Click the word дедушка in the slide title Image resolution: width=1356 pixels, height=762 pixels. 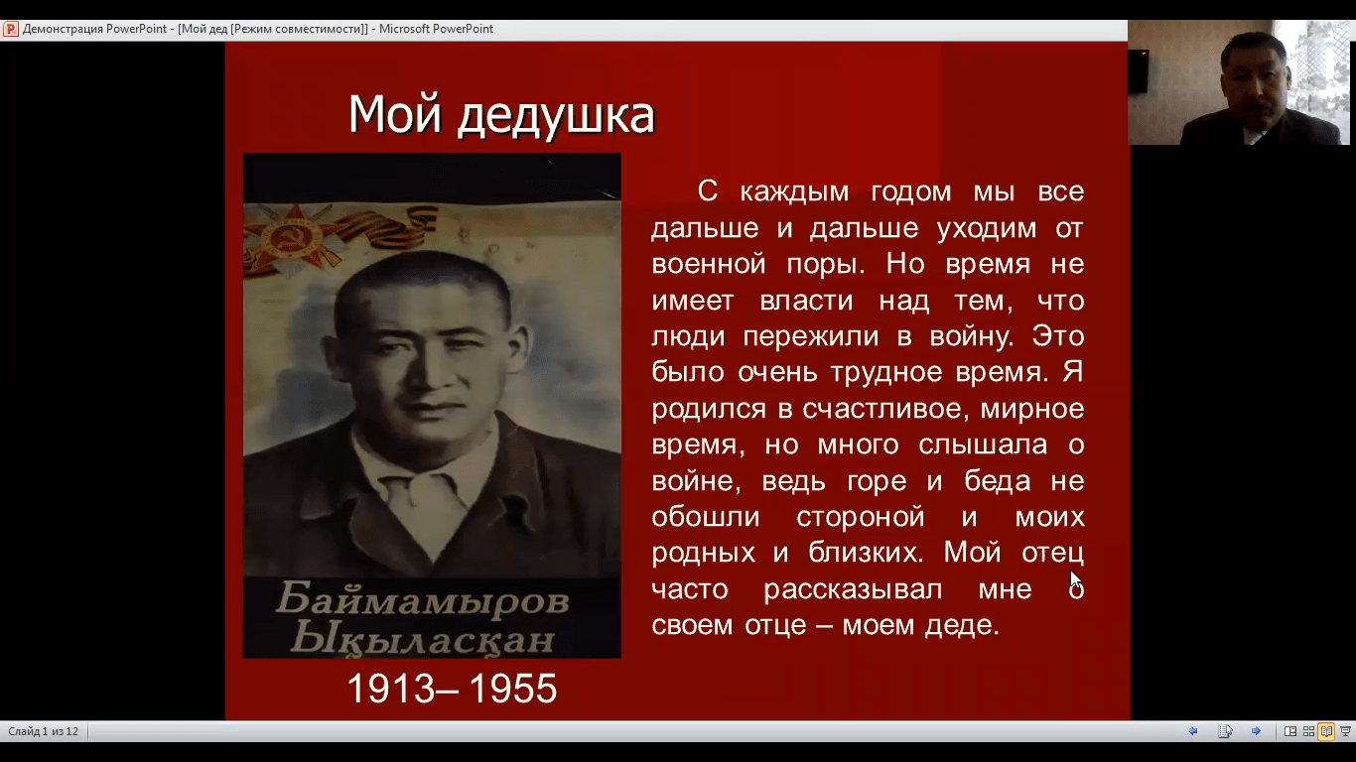click(556, 115)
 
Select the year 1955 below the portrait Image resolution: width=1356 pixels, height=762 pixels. click(513, 689)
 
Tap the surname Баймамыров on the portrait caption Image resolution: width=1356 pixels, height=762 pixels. click(423, 601)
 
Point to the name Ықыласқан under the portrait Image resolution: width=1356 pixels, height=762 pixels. click(423, 639)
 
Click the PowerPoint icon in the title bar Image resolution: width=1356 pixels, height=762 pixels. click(10, 29)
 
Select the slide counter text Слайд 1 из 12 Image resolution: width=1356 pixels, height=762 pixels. click(43, 731)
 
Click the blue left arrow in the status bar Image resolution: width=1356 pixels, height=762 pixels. click(1193, 731)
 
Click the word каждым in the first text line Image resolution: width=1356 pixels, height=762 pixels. click(793, 192)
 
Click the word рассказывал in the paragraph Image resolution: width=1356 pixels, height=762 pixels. click(853, 590)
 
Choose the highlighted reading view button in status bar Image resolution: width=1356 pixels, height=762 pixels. click(1326, 731)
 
